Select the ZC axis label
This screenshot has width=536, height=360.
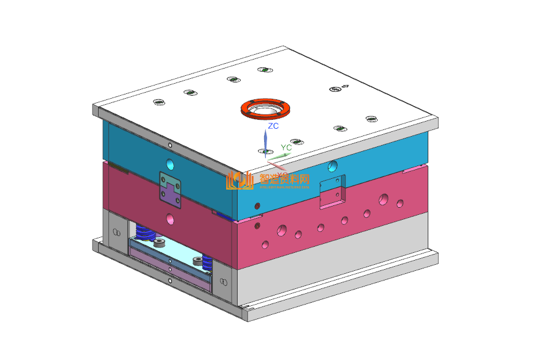coord(273,126)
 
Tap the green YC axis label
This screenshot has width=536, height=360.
coord(286,147)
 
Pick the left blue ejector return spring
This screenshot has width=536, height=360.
coord(144,232)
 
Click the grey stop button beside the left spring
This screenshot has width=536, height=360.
coord(160,243)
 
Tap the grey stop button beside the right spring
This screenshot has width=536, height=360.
coord(197,261)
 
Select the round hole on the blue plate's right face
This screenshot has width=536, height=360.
coord(333,165)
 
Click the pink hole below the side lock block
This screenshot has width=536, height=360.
coord(171,218)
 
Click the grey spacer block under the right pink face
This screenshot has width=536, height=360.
coord(331,265)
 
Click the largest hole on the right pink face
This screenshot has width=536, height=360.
coord(282,230)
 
